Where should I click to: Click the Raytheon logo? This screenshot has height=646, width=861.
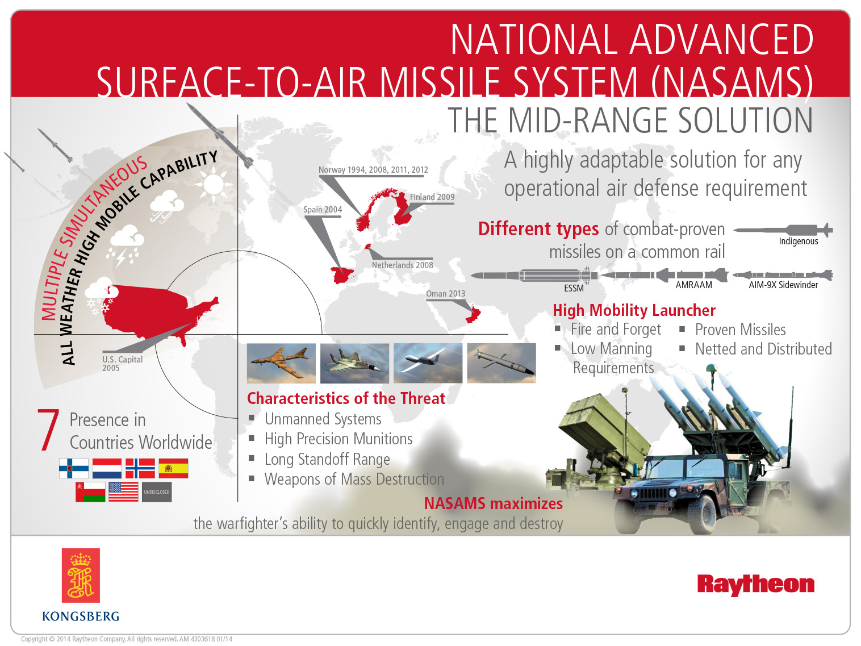755,584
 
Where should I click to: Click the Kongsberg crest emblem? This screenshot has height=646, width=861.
81,575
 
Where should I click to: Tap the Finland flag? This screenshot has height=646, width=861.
74,468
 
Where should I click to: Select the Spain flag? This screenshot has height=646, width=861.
173,468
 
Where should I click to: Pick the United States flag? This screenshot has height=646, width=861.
123,491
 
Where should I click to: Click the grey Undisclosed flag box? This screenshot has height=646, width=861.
157,491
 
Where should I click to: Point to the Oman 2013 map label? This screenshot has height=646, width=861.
445,294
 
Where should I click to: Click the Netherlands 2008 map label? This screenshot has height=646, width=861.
402,265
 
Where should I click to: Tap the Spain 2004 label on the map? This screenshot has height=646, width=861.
323,210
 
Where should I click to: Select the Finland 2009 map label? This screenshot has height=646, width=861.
432,197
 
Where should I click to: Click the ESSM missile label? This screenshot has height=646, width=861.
574,288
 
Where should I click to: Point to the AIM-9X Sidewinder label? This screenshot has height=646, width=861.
783,285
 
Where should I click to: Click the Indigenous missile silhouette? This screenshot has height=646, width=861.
783,230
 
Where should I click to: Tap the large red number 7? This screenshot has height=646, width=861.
48,430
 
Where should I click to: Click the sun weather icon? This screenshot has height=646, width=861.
214,185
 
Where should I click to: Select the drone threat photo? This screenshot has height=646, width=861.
428,362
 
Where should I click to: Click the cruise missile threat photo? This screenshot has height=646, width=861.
501,362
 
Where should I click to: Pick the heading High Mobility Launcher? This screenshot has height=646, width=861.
634,310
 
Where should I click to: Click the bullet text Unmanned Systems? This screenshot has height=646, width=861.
323,419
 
